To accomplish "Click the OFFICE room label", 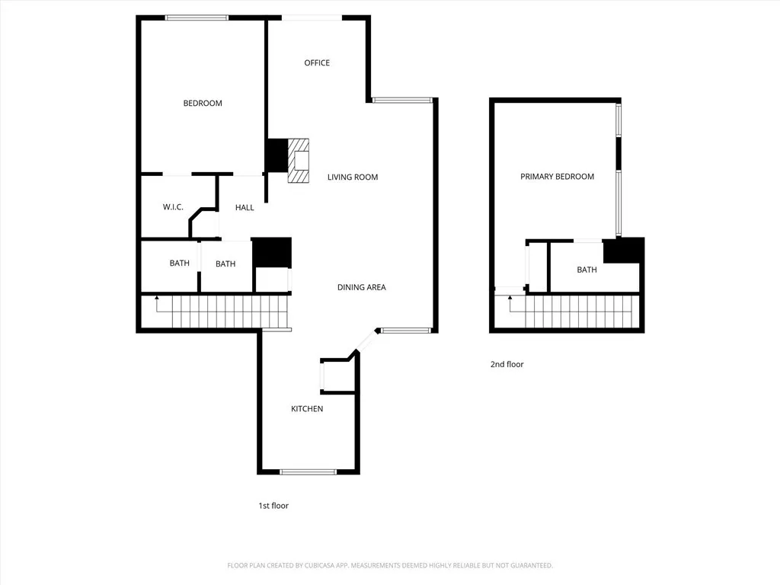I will click(x=317, y=63).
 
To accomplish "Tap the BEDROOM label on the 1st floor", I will click(x=203, y=104).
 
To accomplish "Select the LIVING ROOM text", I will click(x=353, y=177).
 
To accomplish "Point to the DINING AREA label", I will click(x=362, y=288).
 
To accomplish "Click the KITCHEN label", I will click(x=307, y=409).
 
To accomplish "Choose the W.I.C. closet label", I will click(x=173, y=207).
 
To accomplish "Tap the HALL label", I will click(x=245, y=208).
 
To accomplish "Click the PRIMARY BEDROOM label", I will click(x=557, y=177).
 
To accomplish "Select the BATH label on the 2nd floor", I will click(x=587, y=270).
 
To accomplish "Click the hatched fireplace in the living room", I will click(x=299, y=161).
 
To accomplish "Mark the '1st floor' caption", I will click(x=273, y=506).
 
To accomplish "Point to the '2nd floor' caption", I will click(x=507, y=365).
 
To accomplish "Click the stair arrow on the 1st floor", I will click(x=157, y=299).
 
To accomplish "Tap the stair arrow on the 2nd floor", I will click(x=510, y=299).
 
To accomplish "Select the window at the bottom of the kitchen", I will click(x=308, y=472).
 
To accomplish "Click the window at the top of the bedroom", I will click(x=197, y=18).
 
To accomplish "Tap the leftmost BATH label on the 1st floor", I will click(x=180, y=264).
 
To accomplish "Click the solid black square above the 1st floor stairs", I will click(x=271, y=253).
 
